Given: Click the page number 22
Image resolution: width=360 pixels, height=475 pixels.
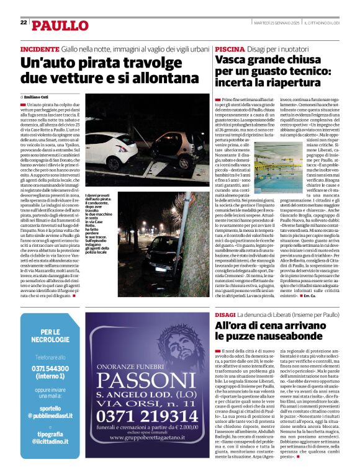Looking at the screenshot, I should pos(24,22).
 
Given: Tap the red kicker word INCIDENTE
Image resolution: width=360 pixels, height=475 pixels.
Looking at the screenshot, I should pos(40,48).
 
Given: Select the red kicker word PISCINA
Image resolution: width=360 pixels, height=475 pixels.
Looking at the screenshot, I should pos(230,48).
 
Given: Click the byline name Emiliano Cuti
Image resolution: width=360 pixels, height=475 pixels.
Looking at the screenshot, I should pos(38,97).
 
